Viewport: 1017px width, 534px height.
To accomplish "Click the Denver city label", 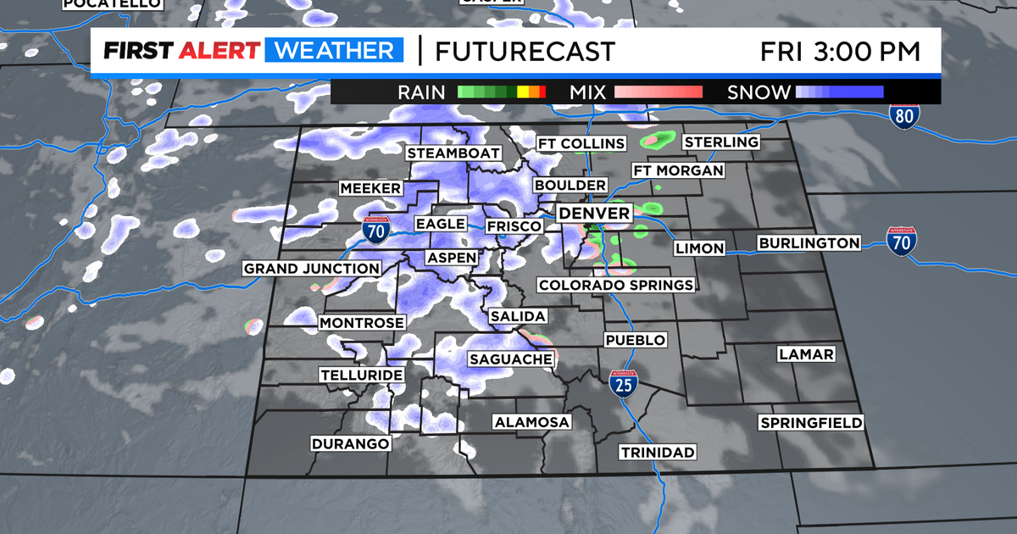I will (594, 213).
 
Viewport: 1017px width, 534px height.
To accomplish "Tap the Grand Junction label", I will (312, 269).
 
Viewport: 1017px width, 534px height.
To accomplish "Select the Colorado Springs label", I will (615, 285).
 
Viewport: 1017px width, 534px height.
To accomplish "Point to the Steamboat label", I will (453, 153).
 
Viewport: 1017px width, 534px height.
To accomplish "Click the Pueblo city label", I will (635, 340).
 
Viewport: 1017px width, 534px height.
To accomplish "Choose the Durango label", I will (350, 443).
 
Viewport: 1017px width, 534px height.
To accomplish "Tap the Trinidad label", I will (657, 452).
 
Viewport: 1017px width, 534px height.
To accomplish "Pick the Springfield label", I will (811, 422).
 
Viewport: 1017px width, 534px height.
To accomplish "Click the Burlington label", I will (809, 243).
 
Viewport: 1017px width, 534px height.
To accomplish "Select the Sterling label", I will (721, 142).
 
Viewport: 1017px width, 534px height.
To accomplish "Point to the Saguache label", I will (511, 359).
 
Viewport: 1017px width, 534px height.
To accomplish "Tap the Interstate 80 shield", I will (904, 117).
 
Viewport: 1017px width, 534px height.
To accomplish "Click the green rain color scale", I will (501, 92).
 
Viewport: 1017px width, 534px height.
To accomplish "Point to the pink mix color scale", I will (659, 92).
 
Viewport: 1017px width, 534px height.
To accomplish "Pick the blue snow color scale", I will (839, 92).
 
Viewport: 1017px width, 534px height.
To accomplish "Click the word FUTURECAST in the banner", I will (525, 51).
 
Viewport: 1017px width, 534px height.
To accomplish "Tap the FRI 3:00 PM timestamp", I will (839, 51).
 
